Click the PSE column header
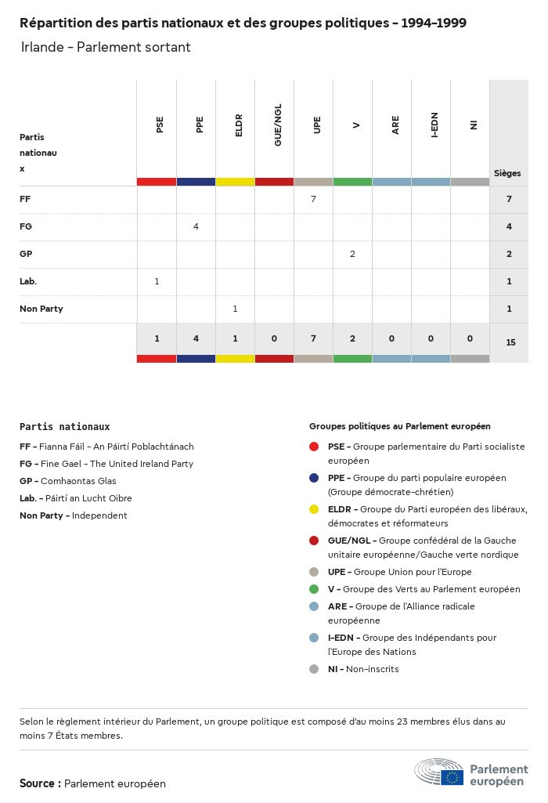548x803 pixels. (x=160, y=125)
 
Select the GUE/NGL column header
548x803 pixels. (x=278, y=128)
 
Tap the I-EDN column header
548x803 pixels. (x=434, y=125)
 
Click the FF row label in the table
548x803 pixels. (x=25, y=199)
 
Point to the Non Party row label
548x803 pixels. (x=41, y=309)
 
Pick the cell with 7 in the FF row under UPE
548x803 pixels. (x=313, y=199)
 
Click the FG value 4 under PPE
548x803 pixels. (x=196, y=226)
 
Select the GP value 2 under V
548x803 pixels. (x=352, y=254)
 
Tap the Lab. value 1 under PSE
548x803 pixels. (x=157, y=281)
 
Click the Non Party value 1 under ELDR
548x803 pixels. (x=235, y=309)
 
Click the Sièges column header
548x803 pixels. (x=507, y=173)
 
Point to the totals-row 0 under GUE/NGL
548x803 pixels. (x=274, y=338)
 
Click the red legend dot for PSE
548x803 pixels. (x=314, y=447)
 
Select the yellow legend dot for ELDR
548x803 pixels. (x=314, y=509)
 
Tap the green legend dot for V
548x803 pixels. (x=314, y=589)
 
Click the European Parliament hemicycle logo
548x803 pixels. (x=439, y=772)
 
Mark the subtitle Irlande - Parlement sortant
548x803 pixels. (x=106, y=47)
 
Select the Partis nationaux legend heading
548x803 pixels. (x=64, y=427)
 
